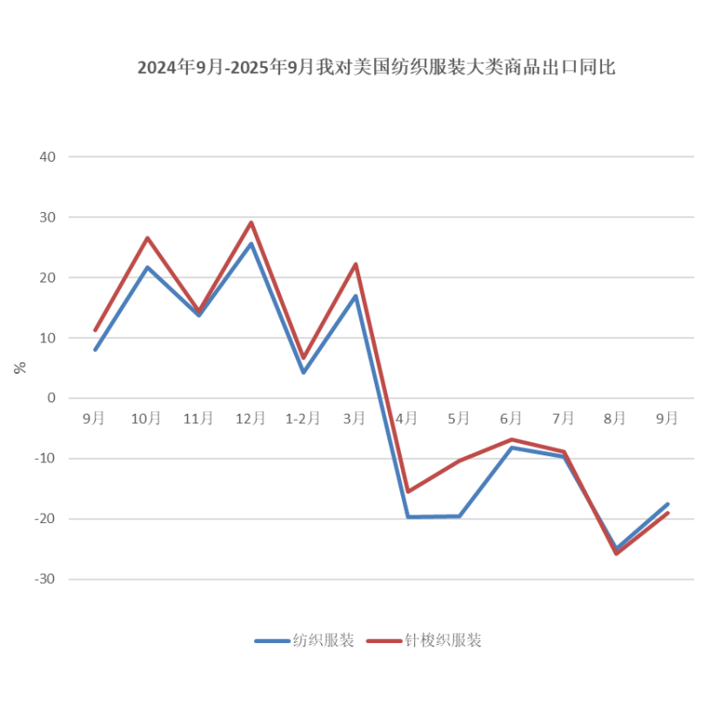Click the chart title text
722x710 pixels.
click(376, 68)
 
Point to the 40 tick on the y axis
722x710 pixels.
click(47, 157)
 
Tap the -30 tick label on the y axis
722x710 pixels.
click(44, 579)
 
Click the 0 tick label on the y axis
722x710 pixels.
click(51, 398)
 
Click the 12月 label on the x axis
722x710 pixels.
click(251, 418)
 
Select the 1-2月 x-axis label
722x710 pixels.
click(303, 418)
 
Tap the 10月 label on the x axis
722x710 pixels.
click(146, 418)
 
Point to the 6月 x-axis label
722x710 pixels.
click(511, 418)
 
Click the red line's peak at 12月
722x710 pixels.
click(251, 222)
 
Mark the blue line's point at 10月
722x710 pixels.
click(147, 267)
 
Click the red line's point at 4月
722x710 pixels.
click(407, 492)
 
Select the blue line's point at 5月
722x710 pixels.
click(459, 516)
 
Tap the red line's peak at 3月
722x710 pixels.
click(355, 264)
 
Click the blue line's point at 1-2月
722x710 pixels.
click(304, 372)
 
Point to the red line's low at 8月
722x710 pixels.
click(616, 553)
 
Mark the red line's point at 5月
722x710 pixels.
click(459, 461)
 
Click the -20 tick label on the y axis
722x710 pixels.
click(44, 519)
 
